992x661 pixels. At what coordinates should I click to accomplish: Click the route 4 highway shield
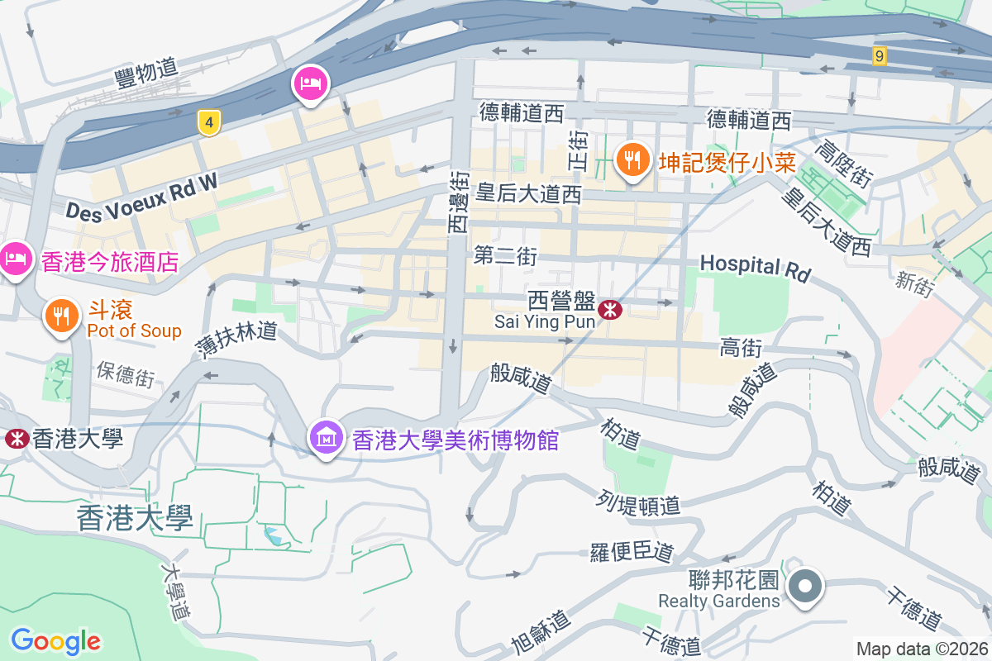click(210, 123)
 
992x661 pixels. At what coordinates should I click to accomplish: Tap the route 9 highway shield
click(880, 56)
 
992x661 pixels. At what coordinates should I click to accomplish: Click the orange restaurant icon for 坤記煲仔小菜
click(633, 159)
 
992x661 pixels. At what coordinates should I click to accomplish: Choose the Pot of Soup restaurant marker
click(60, 316)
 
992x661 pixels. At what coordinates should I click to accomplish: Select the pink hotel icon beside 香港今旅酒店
click(16, 260)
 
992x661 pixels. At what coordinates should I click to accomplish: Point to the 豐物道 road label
click(146, 73)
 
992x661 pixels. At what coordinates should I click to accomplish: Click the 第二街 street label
click(505, 256)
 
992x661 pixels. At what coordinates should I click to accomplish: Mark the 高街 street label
click(741, 348)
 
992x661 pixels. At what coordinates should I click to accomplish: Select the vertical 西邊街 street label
click(459, 201)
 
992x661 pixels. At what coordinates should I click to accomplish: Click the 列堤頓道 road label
click(638, 502)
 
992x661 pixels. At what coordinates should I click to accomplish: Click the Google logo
click(55, 641)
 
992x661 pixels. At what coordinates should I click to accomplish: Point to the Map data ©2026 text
click(922, 649)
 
